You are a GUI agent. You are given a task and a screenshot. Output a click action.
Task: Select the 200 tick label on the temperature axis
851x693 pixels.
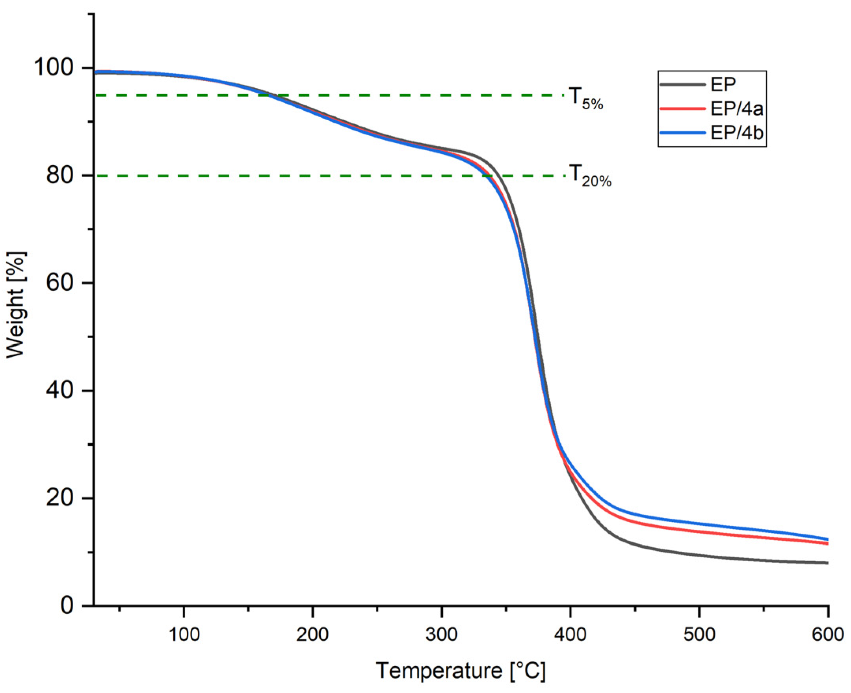[312, 634]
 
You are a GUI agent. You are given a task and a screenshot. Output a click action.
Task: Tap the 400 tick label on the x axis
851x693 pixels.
[570, 634]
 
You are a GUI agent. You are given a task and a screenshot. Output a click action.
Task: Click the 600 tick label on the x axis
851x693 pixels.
[828, 634]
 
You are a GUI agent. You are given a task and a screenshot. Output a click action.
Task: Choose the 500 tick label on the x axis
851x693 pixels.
[699, 634]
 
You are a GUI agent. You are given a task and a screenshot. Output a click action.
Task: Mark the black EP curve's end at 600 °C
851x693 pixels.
[827, 563]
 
